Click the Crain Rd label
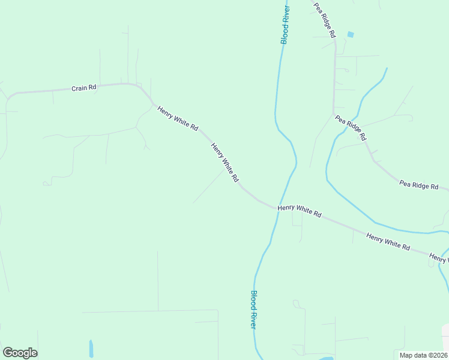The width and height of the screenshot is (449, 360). click(x=84, y=88)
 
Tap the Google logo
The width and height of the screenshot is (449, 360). click(x=20, y=353)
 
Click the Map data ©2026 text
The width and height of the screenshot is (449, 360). click(x=423, y=355)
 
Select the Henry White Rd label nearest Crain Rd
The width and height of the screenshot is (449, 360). click(x=178, y=118)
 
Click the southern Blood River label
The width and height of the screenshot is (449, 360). click(x=254, y=309)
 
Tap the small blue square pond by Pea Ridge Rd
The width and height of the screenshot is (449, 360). click(x=351, y=34)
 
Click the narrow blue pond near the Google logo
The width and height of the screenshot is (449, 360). click(x=91, y=348)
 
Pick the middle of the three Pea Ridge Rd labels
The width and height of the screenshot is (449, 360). click(x=351, y=127)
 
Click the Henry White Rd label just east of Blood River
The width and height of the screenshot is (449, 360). click(x=300, y=211)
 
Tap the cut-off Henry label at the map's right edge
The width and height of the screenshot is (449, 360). click(x=439, y=259)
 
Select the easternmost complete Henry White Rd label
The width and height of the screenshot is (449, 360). click(x=388, y=242)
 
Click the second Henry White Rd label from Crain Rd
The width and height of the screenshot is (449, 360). click(x=225, y=162)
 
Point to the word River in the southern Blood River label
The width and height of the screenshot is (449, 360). click(x=254, y=317)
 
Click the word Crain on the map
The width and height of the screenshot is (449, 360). click(x=79, y=88)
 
